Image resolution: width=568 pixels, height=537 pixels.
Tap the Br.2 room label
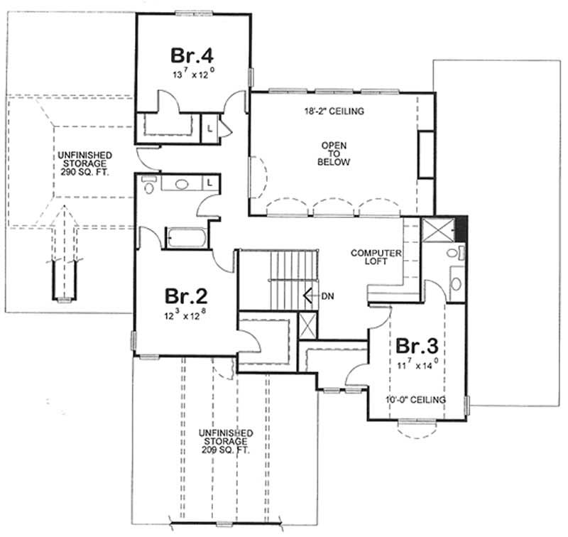(187, 295)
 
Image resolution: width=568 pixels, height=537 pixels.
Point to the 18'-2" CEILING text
(334, 112)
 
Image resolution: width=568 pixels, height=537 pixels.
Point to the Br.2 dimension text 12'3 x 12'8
(187, 313)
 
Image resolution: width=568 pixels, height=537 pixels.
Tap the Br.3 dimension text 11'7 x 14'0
(417, 366)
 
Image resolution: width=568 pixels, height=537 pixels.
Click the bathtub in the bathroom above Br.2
(186, 237)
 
